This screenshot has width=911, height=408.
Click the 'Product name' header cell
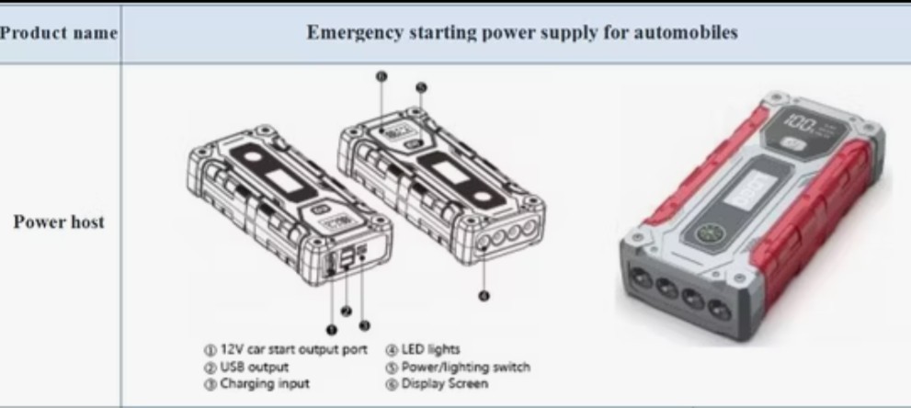(x=59, y=33)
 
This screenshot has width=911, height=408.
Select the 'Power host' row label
(x=59, y=221)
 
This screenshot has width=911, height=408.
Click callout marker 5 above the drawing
(x=421, y=87)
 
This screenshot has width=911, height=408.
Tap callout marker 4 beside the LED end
(x=484, y=295)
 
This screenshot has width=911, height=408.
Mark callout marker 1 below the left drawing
(x=331, y=328)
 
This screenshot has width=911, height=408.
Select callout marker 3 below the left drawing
(x=364, y=325)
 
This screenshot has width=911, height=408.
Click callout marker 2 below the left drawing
(x=346, y=312)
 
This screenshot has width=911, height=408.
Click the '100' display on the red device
(x=802, y=122)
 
